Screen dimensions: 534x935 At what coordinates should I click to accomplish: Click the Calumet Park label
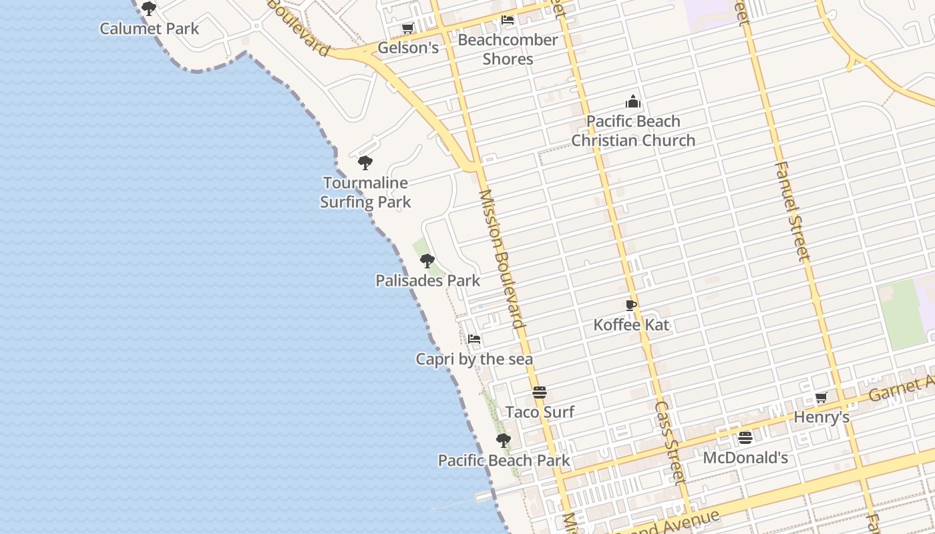[150, 29]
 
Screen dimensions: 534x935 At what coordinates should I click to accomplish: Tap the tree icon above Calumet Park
[149, 9]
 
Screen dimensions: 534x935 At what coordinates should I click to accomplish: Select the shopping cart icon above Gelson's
[407, 28]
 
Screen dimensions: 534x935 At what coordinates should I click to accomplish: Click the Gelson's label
[408, 48]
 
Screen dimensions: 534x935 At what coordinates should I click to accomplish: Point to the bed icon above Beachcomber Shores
[508, 20]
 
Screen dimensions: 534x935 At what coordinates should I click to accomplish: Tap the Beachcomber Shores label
[508, 49]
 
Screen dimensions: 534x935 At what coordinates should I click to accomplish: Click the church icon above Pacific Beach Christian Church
[633, 101]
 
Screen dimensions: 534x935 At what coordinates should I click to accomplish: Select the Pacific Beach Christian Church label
[633, 131]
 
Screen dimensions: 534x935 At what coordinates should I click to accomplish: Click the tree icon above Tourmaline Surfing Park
[365, 163]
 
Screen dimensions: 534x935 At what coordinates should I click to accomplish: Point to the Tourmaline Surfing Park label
[365, 192]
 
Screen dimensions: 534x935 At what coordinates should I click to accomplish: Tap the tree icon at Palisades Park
[427, 261]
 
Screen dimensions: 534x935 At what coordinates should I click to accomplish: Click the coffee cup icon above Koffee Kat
[631, 306]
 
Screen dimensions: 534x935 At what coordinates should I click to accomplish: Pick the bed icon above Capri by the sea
[474, 339]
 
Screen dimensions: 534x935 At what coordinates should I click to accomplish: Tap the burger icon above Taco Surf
[540, 392]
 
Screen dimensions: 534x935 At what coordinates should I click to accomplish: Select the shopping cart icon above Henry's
[821, 398]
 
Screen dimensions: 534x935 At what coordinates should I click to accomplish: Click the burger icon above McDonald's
[745, 438]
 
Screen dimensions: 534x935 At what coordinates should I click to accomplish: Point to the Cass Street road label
[670, 441]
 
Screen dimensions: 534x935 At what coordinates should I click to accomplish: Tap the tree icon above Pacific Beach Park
[504, 441]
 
